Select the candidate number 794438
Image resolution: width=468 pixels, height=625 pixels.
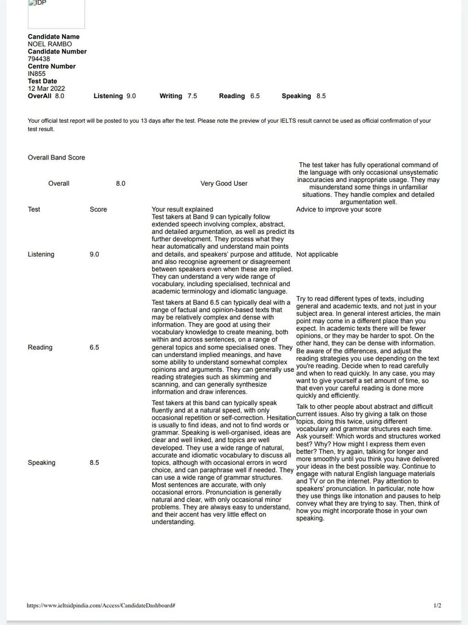(x=39, y=59)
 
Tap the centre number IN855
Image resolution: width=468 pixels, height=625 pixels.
(x=37, y=74)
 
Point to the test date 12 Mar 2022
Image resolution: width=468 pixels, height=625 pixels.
(x=46, y=88)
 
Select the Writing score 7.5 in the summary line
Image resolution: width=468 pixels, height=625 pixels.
(x=192, y=96)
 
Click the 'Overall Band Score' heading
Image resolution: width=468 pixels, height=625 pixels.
(x=56, y=158)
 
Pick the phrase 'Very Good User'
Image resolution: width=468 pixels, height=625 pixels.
(x=224, y=184)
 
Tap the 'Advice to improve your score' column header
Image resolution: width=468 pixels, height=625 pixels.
(x=339, y=209)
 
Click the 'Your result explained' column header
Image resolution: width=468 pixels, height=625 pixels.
(x=182, y=209)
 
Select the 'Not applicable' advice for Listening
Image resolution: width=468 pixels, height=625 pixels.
(x=317, y=254)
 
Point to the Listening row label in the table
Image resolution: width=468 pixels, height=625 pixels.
(x=41, y=254)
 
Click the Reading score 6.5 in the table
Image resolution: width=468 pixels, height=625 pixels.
(x=94, y=347)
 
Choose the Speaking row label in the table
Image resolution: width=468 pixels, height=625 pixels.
(x=42, y=463)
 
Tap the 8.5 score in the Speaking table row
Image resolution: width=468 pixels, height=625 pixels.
(x=94, y=463)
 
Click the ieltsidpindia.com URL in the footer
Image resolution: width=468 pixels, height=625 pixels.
(x=101, y=605)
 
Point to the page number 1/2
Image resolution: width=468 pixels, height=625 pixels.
(x=437, y=605)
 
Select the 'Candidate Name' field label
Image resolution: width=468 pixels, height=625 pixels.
(x=53, y=37)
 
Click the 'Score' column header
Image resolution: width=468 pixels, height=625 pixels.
(x=98, y=209)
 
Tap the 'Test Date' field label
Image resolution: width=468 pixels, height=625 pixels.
(x=42, y=81)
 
